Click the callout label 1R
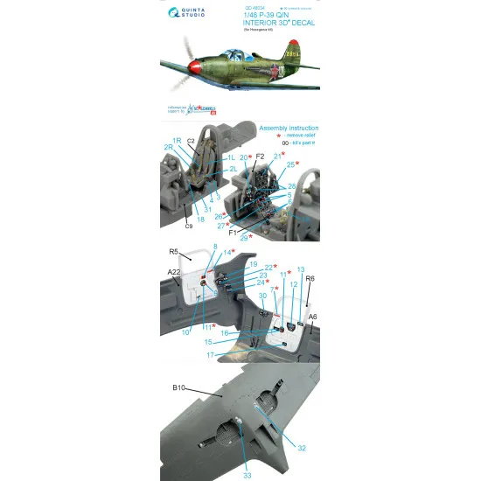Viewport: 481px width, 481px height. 176,141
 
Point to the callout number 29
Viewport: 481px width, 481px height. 244,238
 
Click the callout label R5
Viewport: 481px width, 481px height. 174,253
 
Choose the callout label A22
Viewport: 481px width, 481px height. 174,272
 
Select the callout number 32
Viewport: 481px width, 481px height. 301,448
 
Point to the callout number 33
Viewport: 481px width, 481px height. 247,475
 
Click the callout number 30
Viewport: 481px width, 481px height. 262,296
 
